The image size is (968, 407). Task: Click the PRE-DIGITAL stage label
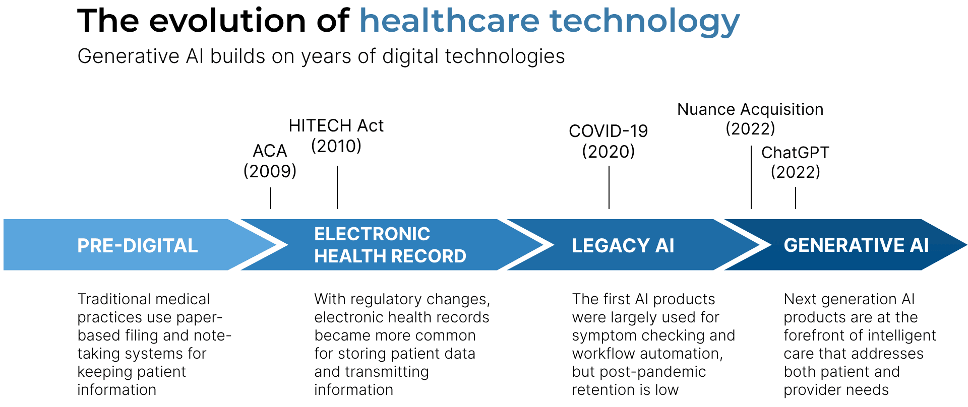137,245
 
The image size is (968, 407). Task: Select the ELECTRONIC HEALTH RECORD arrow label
390,245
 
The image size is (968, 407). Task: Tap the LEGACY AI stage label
623,245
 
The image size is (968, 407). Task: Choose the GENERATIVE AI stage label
856,245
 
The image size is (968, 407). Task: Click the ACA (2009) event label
270,161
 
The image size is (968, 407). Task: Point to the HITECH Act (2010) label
336,135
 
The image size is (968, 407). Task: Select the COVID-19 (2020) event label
609,141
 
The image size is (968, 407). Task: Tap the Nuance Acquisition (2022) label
750,119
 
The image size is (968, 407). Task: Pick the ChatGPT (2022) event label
795,162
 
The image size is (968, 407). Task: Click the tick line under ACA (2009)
271,198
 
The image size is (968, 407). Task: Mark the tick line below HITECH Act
337,187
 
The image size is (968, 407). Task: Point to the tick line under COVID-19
609,187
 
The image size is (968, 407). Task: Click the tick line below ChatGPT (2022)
796,198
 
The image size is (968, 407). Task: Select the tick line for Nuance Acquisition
751,177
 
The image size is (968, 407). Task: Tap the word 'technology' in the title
645,23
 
